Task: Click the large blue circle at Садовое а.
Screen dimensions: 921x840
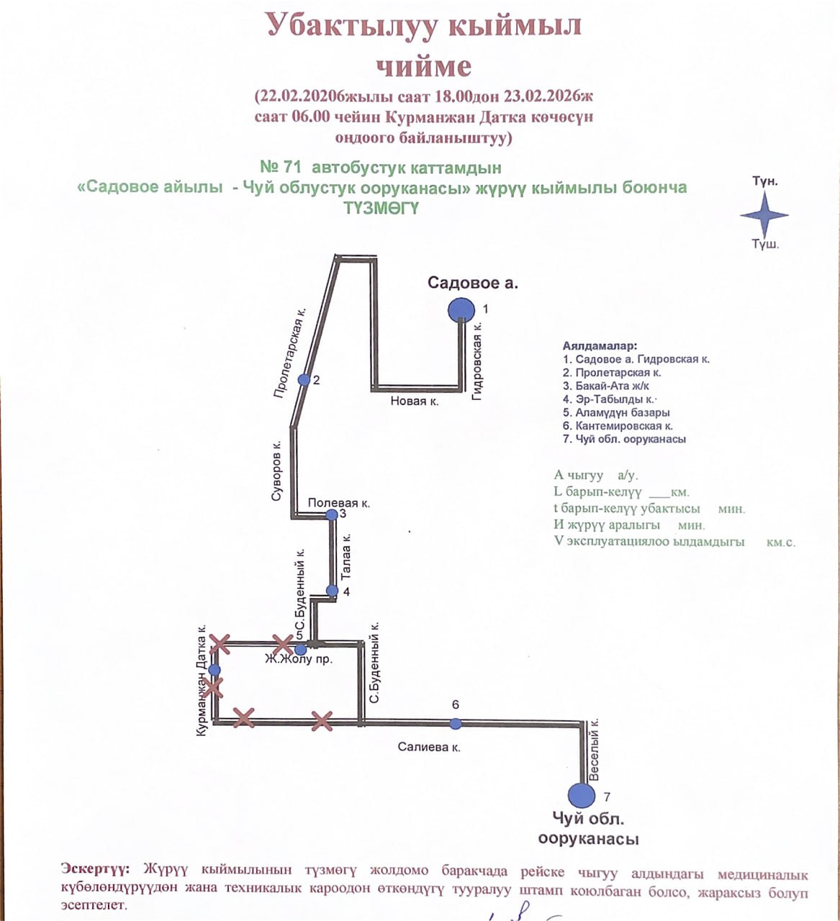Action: pos(461,310)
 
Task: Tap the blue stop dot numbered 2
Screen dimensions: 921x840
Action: pos(304,379)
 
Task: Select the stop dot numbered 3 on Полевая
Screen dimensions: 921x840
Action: pos(331,514)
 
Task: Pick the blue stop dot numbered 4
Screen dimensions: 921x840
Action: pos(332,591)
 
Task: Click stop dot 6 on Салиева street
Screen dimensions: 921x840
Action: pos(455,723)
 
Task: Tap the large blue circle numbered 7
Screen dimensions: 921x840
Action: pos(582,795)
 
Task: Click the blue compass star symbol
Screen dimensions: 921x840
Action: pos(764,214)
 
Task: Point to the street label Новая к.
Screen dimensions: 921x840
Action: pos(415,401)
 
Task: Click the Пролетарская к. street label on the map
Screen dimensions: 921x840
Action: pos(290,353)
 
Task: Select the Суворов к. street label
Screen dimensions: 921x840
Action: pos(277,471)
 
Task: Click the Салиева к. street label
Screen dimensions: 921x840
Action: pos(429,748)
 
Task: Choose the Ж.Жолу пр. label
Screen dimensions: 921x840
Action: pos(299,659)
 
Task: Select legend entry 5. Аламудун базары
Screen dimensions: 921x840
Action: pos(617,412)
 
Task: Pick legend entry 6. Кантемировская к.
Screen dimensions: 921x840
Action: pos(618,426)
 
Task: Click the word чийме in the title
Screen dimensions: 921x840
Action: pos(425,66)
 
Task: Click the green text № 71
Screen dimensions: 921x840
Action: pos(280,168)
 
